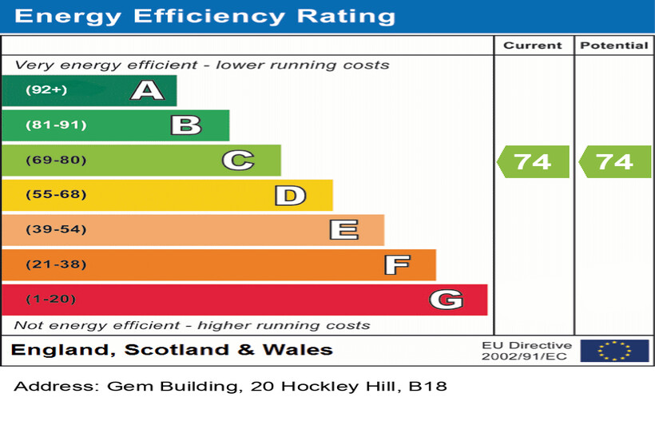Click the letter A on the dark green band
click(x=147, y=90)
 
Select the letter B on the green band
click(x=185, y=125)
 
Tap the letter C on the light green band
click(x=237, y=161)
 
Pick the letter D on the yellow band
click(x=290, y=196)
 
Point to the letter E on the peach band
click(x=343, y=230)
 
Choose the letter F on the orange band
click(x=396, y=264)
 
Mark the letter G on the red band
click(x=446, y=300)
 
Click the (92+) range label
click(x=46, y=90)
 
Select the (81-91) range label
click(x=55, y=125)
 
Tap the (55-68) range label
click(x=55, y=195)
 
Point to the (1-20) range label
click(x=50, y=300)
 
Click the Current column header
click(x=533, y=46)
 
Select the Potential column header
click(x=613, y=46)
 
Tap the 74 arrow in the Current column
click(x=533, y=161)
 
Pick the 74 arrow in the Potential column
click(x=614, y=161)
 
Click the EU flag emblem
click(x=614, y=350)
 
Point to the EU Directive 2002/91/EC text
click(x=526, y=351)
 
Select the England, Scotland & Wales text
click(x=172, y=350)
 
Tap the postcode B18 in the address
click(x=427, y=387)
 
